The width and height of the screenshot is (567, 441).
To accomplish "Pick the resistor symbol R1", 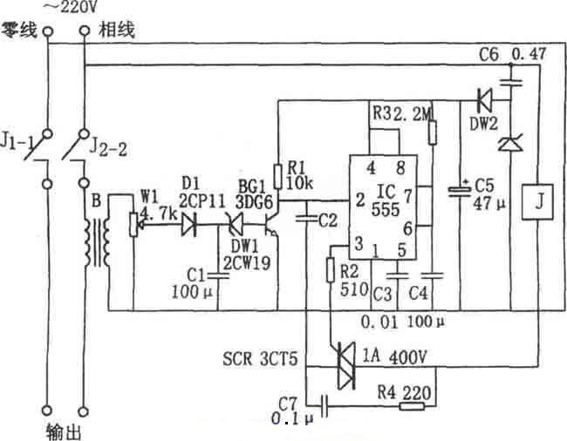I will (x=278, y=177).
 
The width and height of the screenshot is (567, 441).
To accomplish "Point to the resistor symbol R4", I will (x=411, y=405).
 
